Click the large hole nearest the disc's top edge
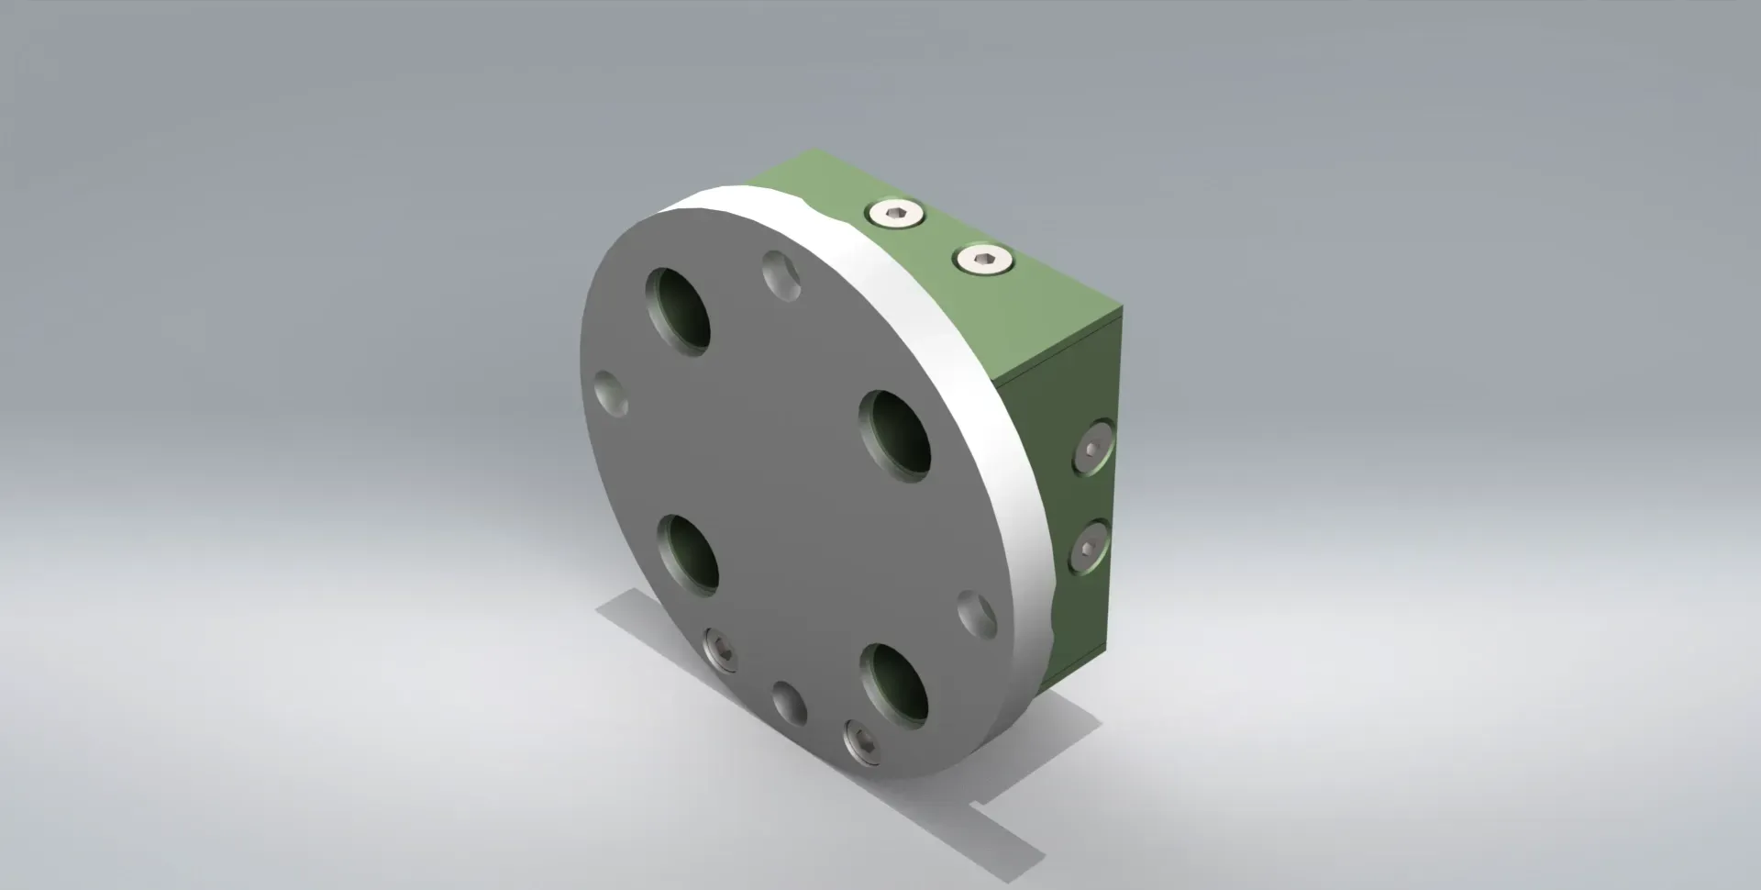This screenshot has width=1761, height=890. (678, 312)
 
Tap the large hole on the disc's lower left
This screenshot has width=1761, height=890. (688, 555)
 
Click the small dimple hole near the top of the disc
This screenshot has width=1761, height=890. (782, 275)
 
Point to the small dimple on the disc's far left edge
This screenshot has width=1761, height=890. (611, 395)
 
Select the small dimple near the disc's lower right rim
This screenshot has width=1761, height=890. (977, 615)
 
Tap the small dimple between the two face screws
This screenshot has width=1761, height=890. (789, 704)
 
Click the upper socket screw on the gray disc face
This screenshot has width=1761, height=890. (721, 651)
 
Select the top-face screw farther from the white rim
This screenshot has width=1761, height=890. (984, 260)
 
